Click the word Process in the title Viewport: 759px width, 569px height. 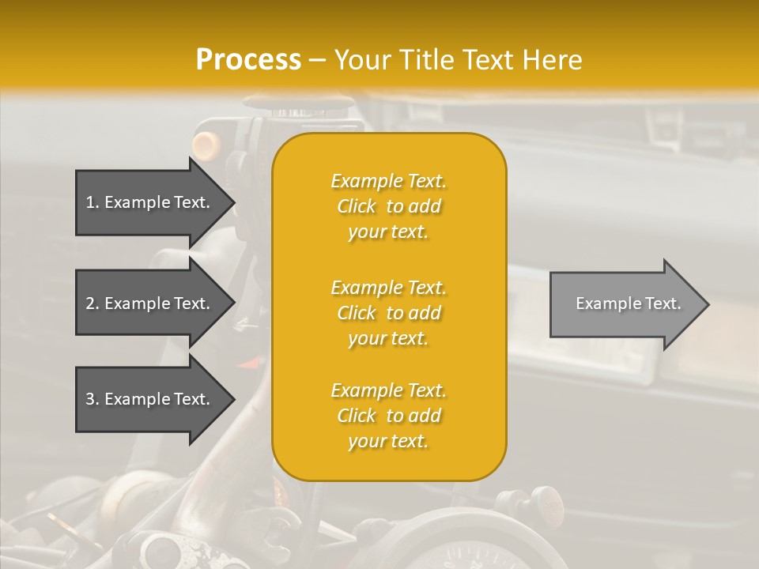coord(248,60)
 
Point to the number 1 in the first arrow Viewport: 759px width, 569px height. coord(90,202)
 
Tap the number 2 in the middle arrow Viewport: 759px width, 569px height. coord(90,303)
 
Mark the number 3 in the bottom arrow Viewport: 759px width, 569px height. coord(90,399)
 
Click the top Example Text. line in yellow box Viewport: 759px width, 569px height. coord(388,181)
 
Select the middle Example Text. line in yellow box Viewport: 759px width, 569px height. coord(388,288)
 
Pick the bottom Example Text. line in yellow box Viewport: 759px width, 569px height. coord(388,390)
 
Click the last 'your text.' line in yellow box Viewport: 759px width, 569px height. coord(388,441)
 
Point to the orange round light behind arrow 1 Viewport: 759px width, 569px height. coord(206,144)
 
